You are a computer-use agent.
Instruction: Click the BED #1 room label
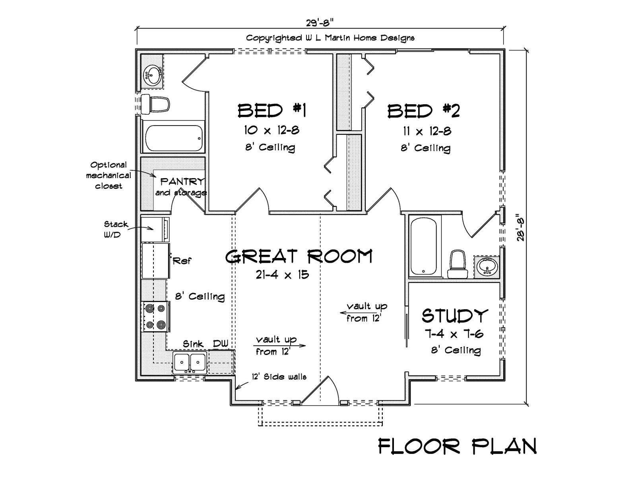coord(272,111)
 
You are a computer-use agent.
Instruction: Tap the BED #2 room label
coord(424,111)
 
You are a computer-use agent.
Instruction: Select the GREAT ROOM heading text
coord(299,256)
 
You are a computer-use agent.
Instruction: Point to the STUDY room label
coord(455,315)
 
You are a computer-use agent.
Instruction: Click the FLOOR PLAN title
coord(458,446)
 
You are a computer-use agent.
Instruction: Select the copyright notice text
coord(330,38)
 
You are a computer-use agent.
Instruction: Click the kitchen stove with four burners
coord(155,316)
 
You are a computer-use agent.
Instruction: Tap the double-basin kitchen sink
coord(190,362)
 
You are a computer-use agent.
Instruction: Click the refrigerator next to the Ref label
coord(155,261)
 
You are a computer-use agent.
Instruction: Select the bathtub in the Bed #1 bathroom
coord(173,138)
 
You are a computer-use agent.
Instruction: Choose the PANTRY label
coord(182,182)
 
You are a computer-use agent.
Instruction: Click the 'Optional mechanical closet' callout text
coord(109,176)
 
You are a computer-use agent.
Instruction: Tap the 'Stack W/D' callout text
coord(116,229)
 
